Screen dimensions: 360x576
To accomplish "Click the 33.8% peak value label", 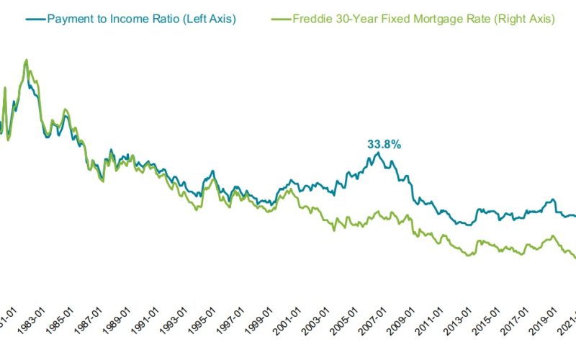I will tap(384, 144).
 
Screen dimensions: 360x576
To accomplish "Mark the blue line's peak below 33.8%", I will tap(377, 153).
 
